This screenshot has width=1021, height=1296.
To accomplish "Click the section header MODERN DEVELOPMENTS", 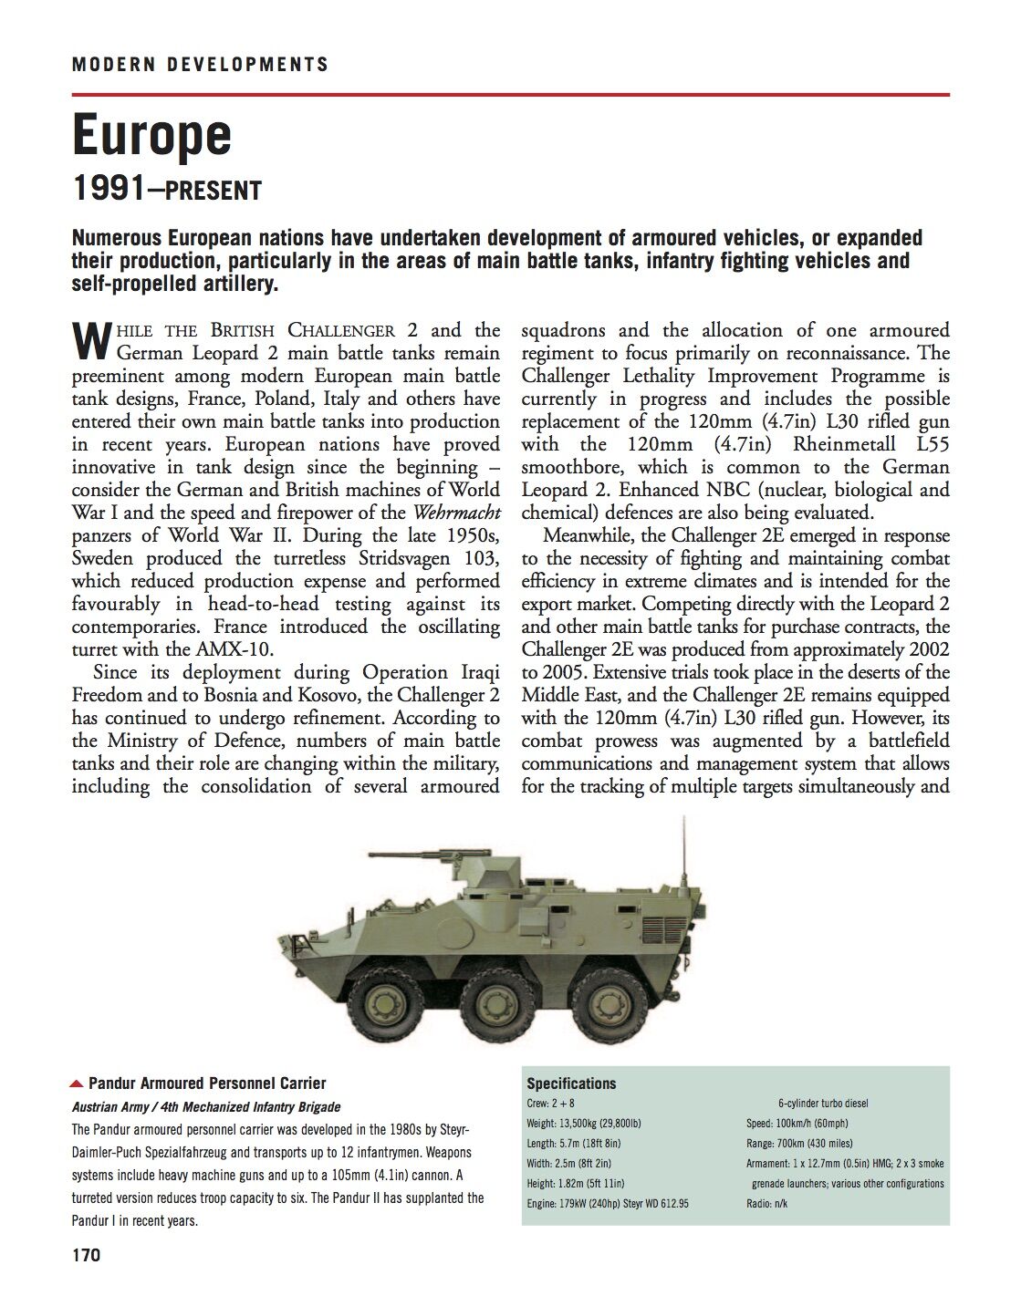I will click(x=200, y=65).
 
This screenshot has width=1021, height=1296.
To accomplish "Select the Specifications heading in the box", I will click(x=571, y=1083).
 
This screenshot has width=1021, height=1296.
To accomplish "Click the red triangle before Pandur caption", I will click(x=78, y=1083).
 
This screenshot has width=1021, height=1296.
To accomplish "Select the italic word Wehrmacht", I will click(x=456, y=513).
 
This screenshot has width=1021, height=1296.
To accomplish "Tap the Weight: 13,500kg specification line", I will click(x=584, y=1124).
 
